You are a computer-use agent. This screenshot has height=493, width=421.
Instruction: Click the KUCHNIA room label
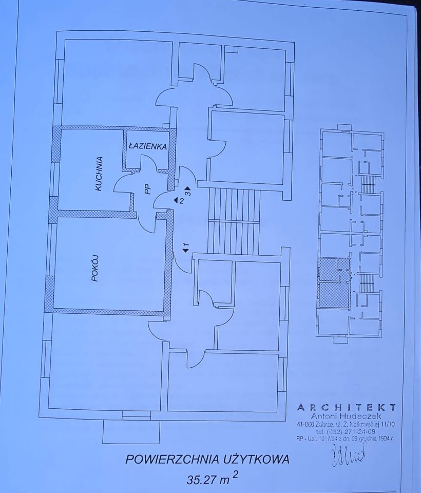coord(100,174)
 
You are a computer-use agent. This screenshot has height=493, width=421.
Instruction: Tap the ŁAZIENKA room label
coord(147,146)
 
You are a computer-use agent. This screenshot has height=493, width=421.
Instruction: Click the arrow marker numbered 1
coord(185,248)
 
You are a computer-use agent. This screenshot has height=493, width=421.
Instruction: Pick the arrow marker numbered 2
coord(178,200)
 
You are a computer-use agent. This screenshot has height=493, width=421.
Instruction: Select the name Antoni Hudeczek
coord(347,416)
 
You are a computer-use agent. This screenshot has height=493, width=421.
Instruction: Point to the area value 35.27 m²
coord(208,481)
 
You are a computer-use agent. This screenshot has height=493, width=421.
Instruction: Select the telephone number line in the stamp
coord(347,431)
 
